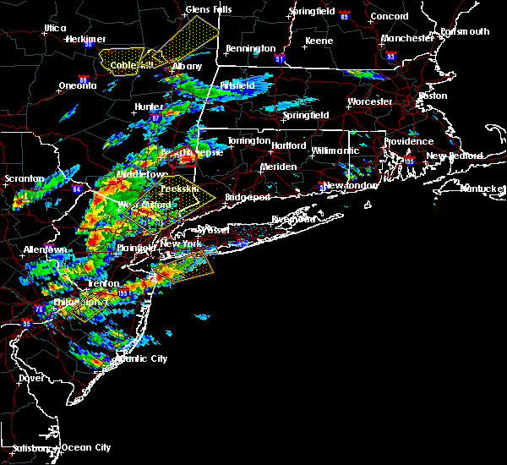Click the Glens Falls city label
coord(208,10)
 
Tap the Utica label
coord(55,28)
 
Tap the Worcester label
coord(370,102)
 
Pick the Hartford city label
coord(288,145)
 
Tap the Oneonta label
coord(77,86)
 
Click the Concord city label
coord(390,16)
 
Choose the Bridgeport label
coord(248,197)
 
